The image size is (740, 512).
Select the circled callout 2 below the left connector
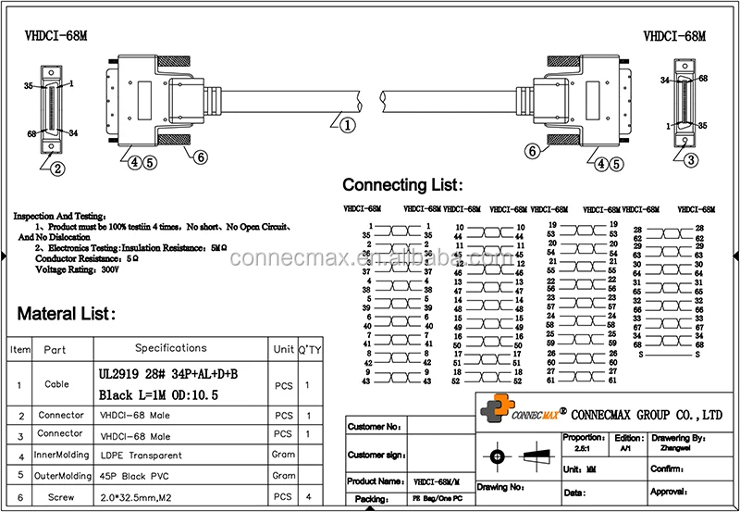[x=56, y=169]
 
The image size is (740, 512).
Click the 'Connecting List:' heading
[x=403, y=185]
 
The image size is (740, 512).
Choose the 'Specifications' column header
[x=171, y=348]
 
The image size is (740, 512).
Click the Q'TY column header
[x=307, y=349]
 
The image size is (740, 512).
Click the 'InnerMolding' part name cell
[x=62, y=455]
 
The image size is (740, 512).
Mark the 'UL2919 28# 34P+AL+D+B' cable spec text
[x=167, y=374]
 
